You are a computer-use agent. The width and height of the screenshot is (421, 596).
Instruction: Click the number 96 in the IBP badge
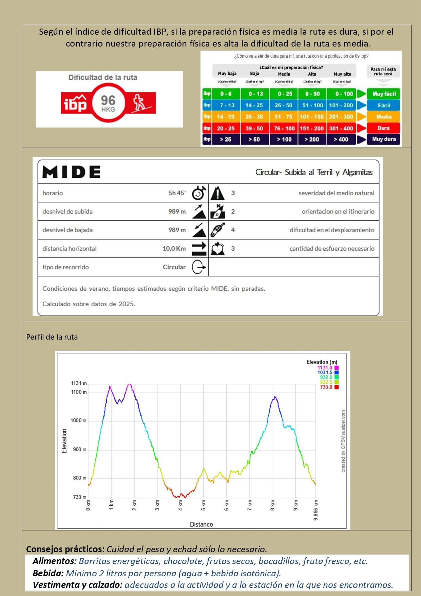point(108,101)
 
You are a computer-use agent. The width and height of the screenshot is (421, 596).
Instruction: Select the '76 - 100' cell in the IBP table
point(284,128)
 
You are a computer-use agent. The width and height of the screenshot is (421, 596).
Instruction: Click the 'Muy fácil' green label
point(384,94)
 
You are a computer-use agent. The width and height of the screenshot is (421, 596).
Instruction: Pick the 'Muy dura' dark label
point(384,139)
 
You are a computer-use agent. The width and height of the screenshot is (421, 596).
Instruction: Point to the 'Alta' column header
point(312,74)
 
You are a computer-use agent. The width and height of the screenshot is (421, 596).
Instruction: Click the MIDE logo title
point(72,172)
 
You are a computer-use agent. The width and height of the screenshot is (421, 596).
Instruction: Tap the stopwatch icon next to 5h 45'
point(199,193)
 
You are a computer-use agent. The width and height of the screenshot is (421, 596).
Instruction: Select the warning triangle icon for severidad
point(217,193)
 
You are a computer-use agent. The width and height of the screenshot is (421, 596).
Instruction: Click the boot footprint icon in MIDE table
point(217,230)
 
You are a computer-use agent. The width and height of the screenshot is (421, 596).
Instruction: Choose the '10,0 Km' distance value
point(174,249)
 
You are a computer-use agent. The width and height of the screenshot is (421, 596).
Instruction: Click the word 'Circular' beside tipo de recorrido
point(174,267)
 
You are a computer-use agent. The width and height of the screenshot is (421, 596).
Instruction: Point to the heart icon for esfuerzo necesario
point(217,249)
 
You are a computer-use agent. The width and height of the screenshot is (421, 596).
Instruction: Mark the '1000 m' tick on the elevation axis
point(79,420)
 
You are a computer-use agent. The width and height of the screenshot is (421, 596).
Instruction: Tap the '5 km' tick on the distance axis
point(204,505)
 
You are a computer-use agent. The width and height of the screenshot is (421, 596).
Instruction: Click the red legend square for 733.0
point(337,387)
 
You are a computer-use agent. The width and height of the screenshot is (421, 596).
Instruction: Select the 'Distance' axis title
point(202,524)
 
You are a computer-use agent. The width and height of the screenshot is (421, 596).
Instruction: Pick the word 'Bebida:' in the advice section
point(48,573)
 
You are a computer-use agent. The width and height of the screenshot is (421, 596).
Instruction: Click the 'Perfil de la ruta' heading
point(52,337)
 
